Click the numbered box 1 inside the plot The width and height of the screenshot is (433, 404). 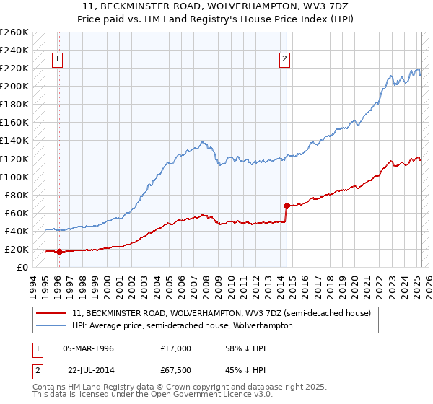tap(57, 60)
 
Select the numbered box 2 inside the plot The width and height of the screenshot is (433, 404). tap(285, 60)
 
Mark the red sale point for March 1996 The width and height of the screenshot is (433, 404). tap(59, 252)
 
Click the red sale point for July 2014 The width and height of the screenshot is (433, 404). tap(287, 206)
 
